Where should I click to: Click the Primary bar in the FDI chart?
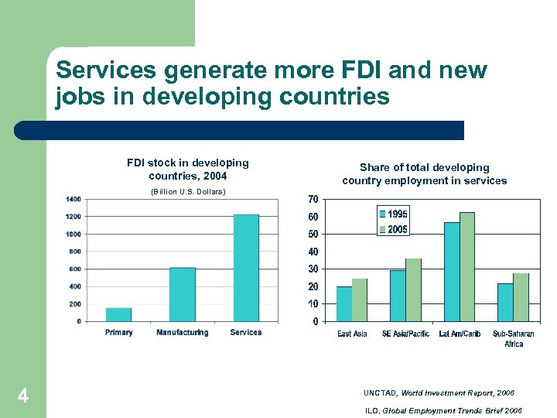[118, 314]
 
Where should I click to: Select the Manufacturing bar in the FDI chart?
[182, 294]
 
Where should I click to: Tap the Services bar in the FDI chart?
[246, 268]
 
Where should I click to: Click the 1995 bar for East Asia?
[344, 303]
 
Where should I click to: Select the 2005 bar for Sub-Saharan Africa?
[521, 297]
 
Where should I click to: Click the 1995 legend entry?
[393, 214]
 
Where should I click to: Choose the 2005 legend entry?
[393, 229]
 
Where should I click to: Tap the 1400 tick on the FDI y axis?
[73, 199]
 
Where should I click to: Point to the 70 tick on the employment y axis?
[313, 200]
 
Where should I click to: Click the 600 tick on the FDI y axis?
[74, 269]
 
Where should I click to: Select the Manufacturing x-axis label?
[182, 333]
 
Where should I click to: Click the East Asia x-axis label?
[352, 334]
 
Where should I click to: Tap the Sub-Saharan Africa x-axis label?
[514, 339]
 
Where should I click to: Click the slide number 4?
[23, 397]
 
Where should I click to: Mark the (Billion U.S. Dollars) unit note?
[188, 191]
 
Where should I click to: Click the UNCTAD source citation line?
[438, 393]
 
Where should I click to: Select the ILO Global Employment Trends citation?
[443, 411]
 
